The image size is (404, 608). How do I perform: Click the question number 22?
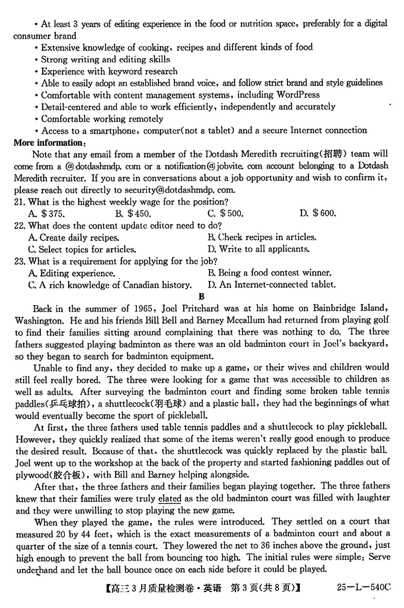(20, 225)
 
